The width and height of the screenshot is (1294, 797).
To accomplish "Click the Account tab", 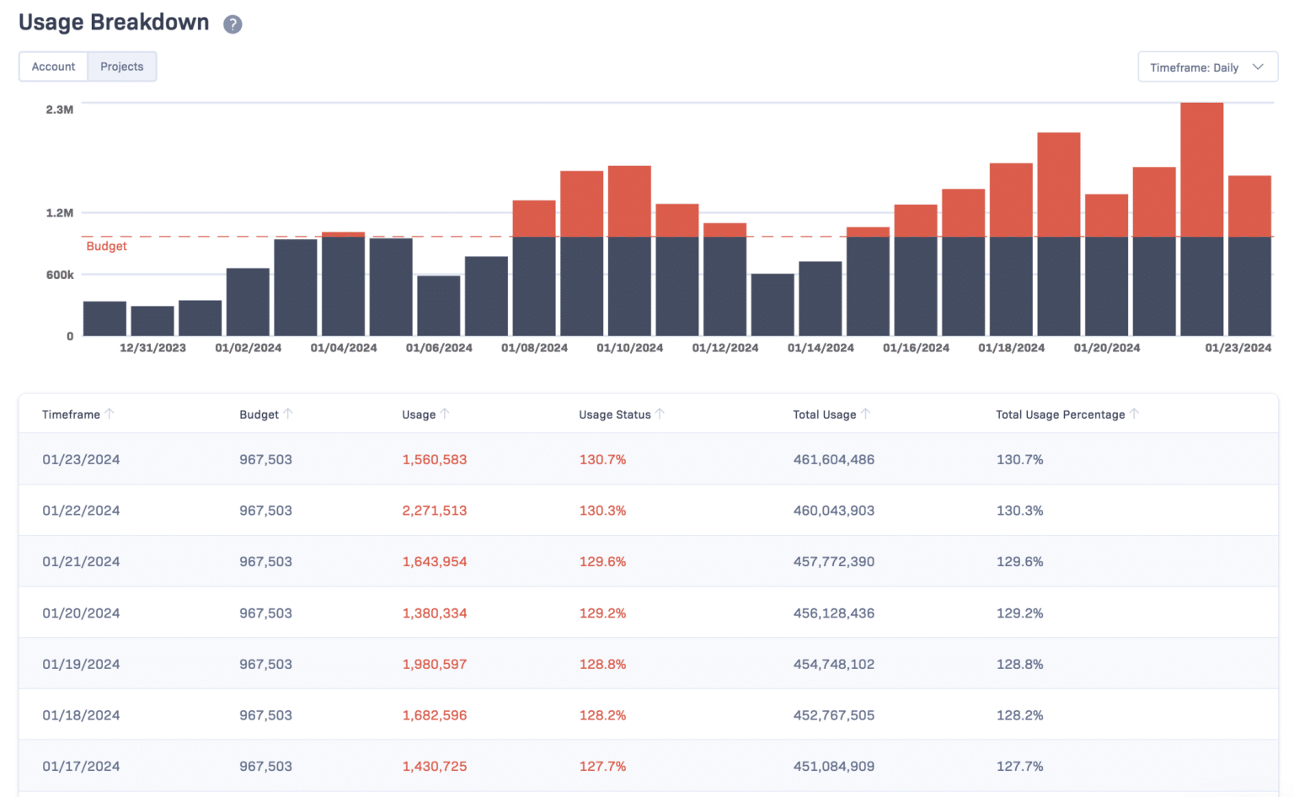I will point(53,67).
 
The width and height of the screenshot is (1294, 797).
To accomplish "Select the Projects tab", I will point(122,67).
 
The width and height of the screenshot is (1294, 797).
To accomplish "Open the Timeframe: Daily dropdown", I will point(1206,67).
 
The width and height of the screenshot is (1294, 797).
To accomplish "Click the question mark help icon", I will point(233,24).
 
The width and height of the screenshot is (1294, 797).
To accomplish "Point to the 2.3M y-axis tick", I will point(59,110).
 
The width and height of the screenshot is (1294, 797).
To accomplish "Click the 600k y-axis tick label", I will point(59,275).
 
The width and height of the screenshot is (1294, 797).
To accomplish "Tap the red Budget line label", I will point(106,246).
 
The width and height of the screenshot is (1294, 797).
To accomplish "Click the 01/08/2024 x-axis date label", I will point(534,348).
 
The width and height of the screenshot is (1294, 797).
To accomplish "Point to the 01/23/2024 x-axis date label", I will point(1238,348).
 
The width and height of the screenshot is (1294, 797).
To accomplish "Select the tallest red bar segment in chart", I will point(1201,168).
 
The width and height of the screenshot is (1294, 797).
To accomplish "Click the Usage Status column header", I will point(614,415).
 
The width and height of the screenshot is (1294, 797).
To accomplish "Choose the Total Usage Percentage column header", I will point(1060,415).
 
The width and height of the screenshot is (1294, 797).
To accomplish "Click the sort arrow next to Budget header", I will point(288,414).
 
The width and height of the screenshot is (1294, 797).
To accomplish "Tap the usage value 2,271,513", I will point(434,511).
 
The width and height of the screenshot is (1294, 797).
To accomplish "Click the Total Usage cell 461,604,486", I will point(833,460).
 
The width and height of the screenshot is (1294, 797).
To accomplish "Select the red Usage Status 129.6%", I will point(602,562).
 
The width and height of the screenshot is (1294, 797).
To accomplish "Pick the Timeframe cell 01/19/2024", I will point(81,665).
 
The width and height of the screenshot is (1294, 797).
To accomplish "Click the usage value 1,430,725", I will point(434,767).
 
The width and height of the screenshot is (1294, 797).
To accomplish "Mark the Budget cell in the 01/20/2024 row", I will point(265,613).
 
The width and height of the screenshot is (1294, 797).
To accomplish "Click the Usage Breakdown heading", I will point(114,23).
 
